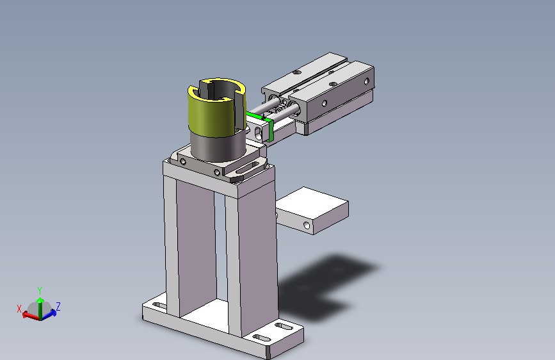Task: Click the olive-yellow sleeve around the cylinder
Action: tap(209, 113)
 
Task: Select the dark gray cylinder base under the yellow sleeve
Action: tap(218, 146)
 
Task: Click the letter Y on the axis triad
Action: tap(40, 291)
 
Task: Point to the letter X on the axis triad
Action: tap(19, 309)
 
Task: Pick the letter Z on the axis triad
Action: tap(58, 306)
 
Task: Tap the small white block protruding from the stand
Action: tap(312, 210)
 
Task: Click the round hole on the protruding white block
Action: tap(307, 225)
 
